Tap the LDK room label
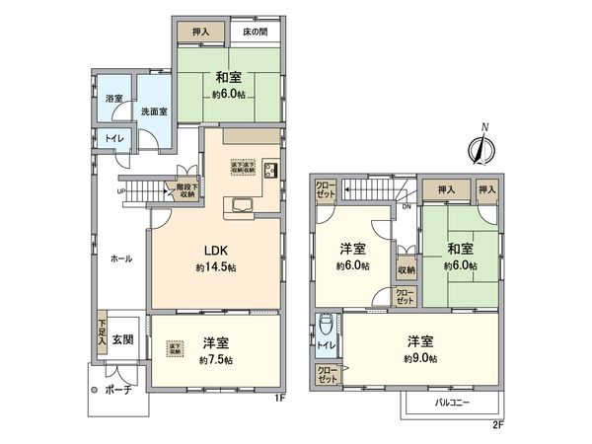tap(217, 252)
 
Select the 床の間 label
tap(257, 32)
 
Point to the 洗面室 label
tap(151, 111)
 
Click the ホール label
tap(121, 258)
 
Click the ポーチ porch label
tap(119, 389)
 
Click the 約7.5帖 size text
tap(217, 360)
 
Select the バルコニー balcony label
tap(453, 404)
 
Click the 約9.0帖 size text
tap(421, 357)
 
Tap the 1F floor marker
tap(280, 400)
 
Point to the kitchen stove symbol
tap(268, 170)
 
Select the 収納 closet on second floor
tap(407, 268)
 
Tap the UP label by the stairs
tap(121, 192)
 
